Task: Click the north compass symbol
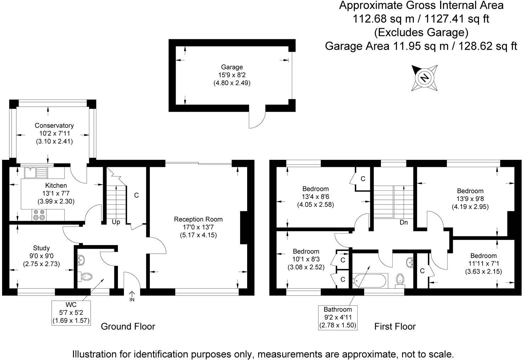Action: (x=425, y=78)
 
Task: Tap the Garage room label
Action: (x=232, y=67)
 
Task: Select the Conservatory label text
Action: (x=54, y=125)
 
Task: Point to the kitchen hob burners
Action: (x=39, y=215)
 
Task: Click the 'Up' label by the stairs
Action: (x=116, y=222)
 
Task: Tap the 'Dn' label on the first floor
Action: (x=404, y=223)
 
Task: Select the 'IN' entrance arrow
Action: (x=132, y=296)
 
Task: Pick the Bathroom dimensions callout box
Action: (x=337, y=317)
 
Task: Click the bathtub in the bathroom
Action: (x=370, y=280)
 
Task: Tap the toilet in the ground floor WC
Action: (x=86, y=276)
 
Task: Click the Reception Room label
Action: (x=198, y=219)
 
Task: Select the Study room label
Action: (x=41, y=248)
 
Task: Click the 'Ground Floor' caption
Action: (x=128, y=326)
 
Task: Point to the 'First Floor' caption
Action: (x=395, y=326)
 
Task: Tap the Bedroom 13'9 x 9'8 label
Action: (x=470, y=191)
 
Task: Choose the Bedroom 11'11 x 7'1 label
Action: (x=483, y=256)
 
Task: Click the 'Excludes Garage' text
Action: (x=421, y=33)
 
